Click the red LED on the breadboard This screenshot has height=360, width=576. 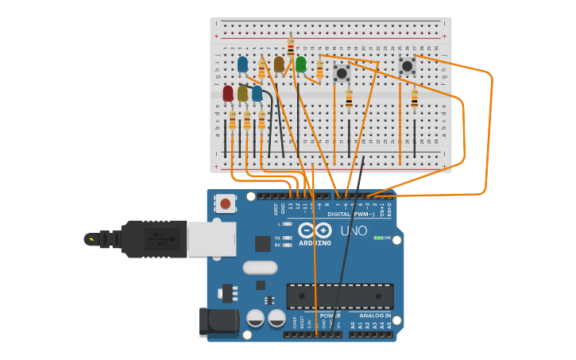(228, 94)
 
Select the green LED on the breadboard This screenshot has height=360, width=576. (301, 64)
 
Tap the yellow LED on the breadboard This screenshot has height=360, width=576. (242, 94)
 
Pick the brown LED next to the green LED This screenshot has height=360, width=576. (279, 64)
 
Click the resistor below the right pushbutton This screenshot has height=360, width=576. (414, 99)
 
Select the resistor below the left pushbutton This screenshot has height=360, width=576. (349, 99)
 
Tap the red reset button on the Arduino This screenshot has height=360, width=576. (226, 204)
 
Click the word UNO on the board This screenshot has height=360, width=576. (354, 231)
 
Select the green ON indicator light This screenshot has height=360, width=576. (378, 238)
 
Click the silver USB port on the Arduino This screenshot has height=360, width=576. (211, 239)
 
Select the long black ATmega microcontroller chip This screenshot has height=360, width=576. (339, 296)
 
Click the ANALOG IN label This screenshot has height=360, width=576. (369, 315)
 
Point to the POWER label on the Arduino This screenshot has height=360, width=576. (330, 315)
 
